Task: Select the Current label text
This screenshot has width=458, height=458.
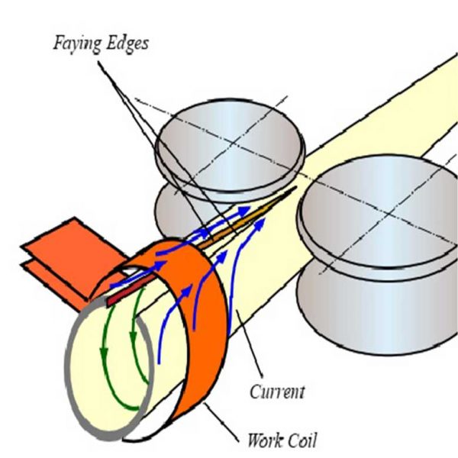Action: [x=276, y=392]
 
